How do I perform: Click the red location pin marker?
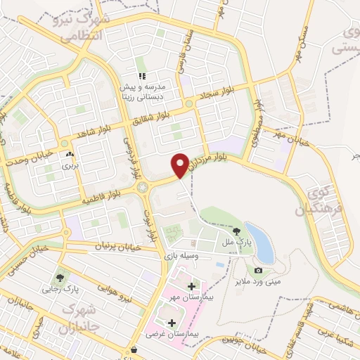click(180, 165)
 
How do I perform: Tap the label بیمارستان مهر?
click(181, 298)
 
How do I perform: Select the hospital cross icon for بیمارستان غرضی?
click(172, 323)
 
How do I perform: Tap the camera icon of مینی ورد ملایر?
click(258, 271)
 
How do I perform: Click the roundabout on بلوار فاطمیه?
click(143, 187)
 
